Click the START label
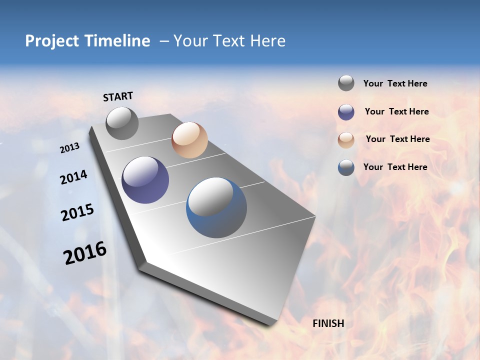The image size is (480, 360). click(x=118, y=96)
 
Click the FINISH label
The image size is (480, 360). click(x=328, y=323)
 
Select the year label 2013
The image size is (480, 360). click(x=70, y=148)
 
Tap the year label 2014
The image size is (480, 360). click(x=73, y=177)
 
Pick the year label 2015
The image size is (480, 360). click(x=77, y=212)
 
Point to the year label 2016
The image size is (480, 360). click(x=85, y=252)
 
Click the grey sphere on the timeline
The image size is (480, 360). click(x=122, y=123)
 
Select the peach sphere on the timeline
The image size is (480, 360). click(x=189, y=140)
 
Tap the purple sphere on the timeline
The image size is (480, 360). click(x=145, y=180)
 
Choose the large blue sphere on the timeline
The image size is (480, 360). click(x=216, y=207)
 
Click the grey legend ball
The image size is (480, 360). click(x=346, y=83)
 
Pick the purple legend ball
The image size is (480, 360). click(x=346, y=112)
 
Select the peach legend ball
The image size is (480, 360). click(x=346, y=140)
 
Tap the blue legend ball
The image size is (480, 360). click(x=346, y=167)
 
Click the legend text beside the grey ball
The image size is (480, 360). click(x=395, y=83)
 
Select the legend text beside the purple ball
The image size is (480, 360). click(x=396, y=111)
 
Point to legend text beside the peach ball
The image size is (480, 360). click(x=397, y=139)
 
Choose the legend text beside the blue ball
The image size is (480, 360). click(x=395, y=167)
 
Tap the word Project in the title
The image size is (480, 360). click(x=52, y=41)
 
